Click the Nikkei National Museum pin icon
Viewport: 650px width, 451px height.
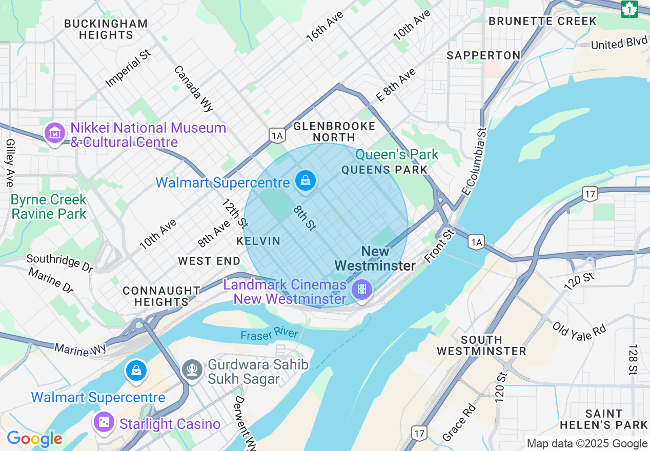(55, 133)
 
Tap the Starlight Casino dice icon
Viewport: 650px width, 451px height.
(104, 422)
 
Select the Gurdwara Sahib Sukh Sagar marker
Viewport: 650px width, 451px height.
(192, 369)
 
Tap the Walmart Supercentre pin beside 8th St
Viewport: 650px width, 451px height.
(306, 180)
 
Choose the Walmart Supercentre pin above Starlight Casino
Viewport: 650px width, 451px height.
(136, 370)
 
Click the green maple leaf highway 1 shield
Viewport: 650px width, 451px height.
(629, 9)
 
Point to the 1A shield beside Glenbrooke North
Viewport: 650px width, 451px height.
(277, 135)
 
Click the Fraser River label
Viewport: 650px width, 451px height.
(269, 334)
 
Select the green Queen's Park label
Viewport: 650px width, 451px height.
(397, 154)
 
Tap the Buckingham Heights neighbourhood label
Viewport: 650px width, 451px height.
(106, 29)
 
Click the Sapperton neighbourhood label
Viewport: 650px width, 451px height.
(483, 55)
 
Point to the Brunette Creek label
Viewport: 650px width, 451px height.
(542, 21)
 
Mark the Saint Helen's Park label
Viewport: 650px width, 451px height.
(603, 419)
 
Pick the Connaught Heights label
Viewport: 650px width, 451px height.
(161, 296)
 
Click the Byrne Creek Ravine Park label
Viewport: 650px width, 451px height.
(49, 207)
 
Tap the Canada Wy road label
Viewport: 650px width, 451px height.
(193, 89)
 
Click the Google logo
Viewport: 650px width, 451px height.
(34, 439)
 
